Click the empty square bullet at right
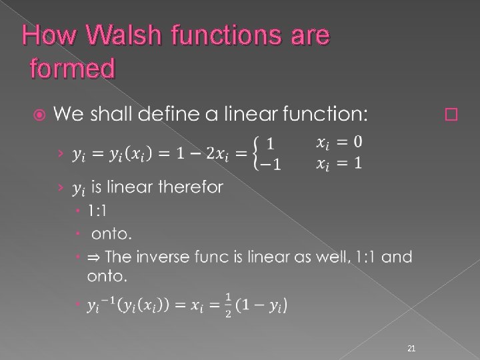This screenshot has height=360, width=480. pos(450,115)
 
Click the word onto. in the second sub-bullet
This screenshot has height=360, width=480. pos(111,233)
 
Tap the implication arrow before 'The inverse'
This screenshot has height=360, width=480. pos(94,256)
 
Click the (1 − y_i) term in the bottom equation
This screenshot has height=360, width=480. pos(265,305)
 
